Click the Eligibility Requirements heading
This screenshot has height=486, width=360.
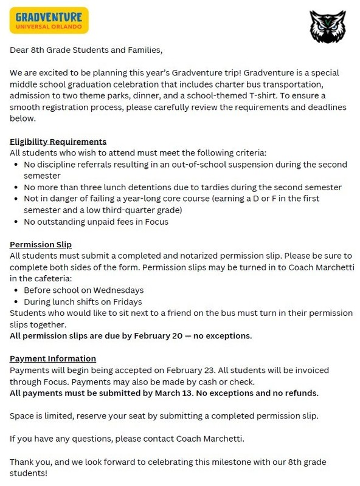click(x=58, y=142)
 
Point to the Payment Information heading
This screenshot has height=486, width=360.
click(x=53, y=358)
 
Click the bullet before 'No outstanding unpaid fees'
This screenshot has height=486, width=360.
click(x=15, y=221)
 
